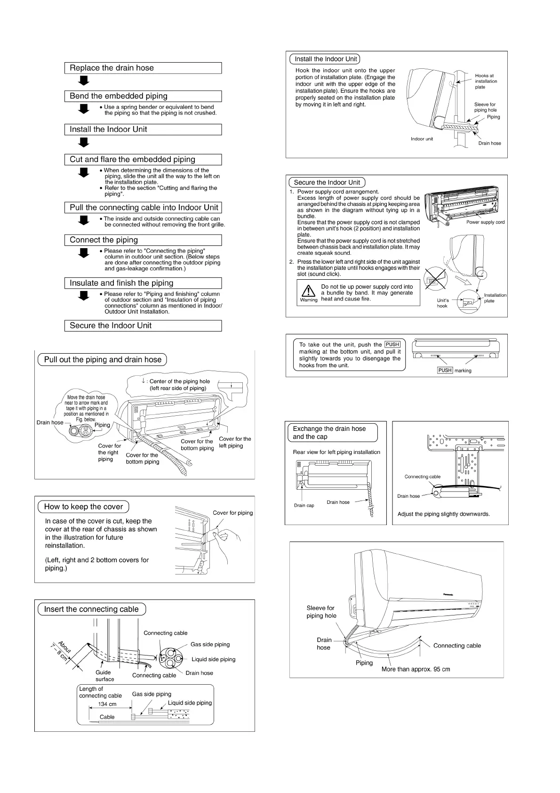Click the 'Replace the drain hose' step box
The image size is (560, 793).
tap(143, 68)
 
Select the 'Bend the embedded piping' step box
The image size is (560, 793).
tap(143, 96)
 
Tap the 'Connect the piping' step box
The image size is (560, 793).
tap(143, 240)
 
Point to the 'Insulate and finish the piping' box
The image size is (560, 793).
tap(143, 283)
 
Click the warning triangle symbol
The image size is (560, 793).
tap(308, 291)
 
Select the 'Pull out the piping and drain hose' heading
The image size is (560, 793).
tap(102, 360)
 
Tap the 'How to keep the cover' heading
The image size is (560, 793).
tap(83, 507)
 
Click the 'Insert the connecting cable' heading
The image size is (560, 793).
tap(91, 609)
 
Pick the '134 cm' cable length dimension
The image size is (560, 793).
tap(107, 704)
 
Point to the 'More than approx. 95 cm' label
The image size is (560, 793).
tap(416, 669)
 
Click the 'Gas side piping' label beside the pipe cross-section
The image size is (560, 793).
tap(210, 645)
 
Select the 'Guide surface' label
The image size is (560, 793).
tap(104, 676)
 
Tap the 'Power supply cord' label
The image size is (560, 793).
tap(485, 222)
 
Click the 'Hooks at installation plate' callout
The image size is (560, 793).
tap(486, 81)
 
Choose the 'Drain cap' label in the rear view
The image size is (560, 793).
tap(304, 505)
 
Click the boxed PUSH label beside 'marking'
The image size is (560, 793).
tap(445, 370)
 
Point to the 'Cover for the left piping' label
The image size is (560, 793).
tap(235, 442)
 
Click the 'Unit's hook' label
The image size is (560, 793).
tap(442, 303)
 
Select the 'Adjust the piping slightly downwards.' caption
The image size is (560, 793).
tap(443, 514)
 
